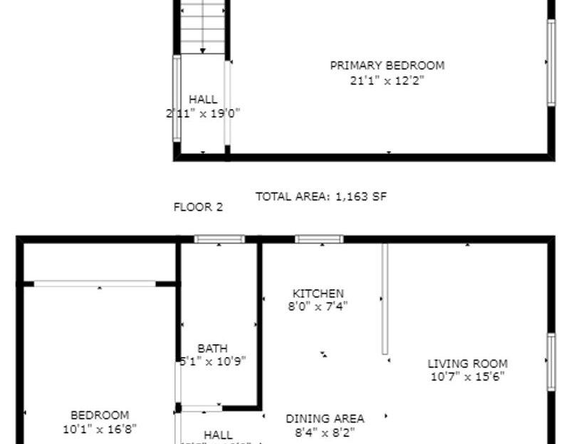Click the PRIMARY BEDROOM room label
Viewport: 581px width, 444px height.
click(387, 66)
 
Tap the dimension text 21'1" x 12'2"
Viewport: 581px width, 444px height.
click(387, 81)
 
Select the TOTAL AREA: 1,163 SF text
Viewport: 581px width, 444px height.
click(321, 196)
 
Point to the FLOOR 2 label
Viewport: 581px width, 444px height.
click(198, 207)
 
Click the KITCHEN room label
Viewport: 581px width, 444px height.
click(318, 293)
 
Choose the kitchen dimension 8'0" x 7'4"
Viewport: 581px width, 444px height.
click(318, 306)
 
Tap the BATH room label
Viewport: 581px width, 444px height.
click(212, 349)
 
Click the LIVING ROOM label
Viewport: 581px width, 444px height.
click(467, 363)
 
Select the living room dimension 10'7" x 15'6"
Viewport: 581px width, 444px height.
click(467, 377)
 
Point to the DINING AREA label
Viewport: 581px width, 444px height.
click(325, 419)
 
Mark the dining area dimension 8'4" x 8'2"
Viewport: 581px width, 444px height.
click(325, 432)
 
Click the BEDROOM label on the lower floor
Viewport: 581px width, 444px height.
click(100, 415)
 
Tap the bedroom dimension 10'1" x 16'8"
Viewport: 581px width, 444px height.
click(100, 429)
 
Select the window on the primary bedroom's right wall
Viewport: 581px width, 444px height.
click(550, 63)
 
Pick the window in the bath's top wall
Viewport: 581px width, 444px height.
click(219, 239)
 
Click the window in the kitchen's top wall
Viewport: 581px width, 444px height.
click(319, 239)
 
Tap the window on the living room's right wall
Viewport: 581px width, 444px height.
click(550, 362)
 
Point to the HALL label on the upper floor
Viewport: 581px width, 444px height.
click(203, 100)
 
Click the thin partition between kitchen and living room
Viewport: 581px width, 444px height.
click(384, 299)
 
